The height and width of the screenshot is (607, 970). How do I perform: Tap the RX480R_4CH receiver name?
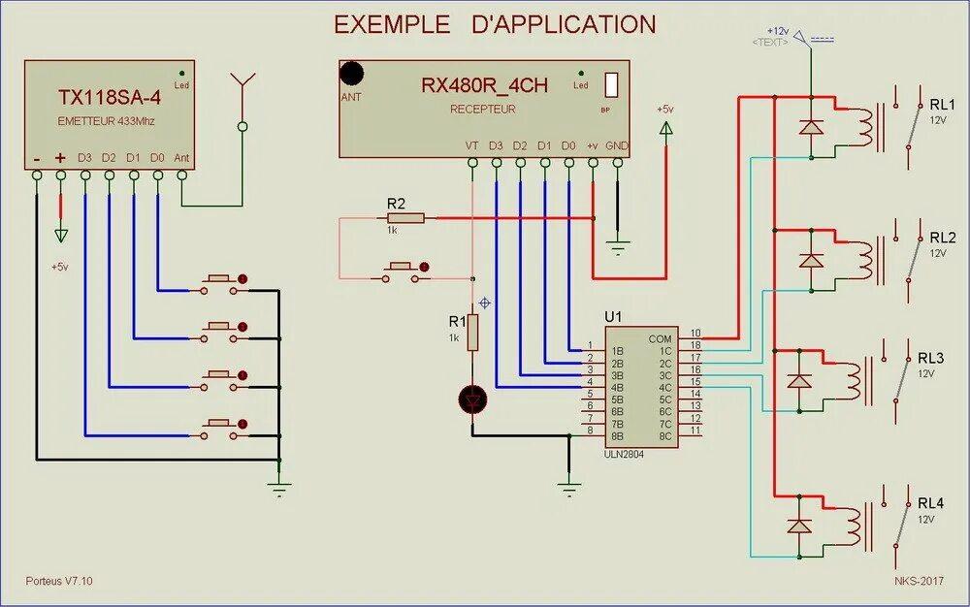coord(484,85)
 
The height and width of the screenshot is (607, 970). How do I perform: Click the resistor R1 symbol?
coord(472,333)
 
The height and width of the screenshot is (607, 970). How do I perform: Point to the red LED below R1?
coord(472,399)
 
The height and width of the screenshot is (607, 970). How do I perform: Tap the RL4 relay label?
coord(929,503)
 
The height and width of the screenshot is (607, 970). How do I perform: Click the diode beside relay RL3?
coord(799,381)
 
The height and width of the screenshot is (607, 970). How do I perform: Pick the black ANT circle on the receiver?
coord(352,74)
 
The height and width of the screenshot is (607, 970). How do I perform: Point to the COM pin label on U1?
coord(660,338)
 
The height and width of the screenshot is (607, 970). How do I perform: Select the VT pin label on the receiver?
coord(472,145)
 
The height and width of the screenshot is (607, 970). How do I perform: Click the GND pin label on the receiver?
coord(617,145)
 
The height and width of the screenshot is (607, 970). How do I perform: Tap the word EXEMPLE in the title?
coord(392,24)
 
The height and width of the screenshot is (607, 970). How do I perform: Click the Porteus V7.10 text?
coord(59,581)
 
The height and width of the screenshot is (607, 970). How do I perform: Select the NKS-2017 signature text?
coord(919,581)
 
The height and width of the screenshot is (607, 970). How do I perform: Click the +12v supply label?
coord(778,31)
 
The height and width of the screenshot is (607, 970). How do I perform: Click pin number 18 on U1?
coord(695,346)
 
